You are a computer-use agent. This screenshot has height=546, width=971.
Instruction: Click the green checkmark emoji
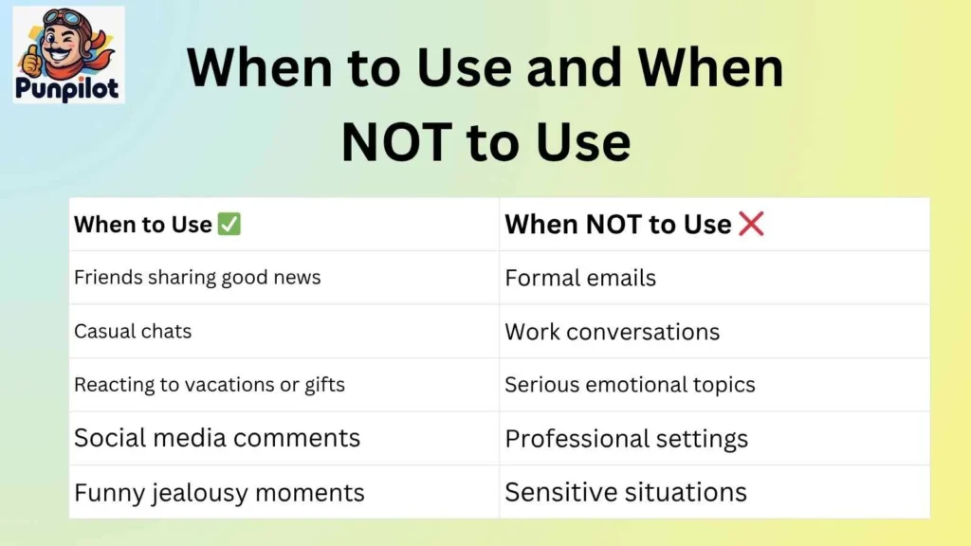[229, 225]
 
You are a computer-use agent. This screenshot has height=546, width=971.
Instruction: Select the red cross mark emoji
[751, 225]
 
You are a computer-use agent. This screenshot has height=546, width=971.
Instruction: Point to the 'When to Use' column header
[143, 225]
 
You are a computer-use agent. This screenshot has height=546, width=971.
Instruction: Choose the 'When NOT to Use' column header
[618, 225]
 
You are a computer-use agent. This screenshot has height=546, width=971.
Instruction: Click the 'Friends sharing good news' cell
[197, 278]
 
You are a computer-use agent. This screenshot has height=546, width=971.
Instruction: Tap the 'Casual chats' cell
[133, 331]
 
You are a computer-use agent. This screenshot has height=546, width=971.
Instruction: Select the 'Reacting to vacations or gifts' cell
[210, 385]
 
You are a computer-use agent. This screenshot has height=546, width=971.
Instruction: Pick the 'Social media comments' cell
[217, 438]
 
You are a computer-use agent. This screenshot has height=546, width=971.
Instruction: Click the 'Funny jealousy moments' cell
[219, 493]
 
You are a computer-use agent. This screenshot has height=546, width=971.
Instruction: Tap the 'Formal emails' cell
[580, 278]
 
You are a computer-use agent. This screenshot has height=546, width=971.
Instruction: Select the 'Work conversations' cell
[613, 332]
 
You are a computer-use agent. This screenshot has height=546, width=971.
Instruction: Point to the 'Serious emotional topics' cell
[630, 385]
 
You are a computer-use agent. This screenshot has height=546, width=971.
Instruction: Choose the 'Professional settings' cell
[627, 439]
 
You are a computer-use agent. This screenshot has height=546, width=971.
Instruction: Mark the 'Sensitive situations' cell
[626, 493]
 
